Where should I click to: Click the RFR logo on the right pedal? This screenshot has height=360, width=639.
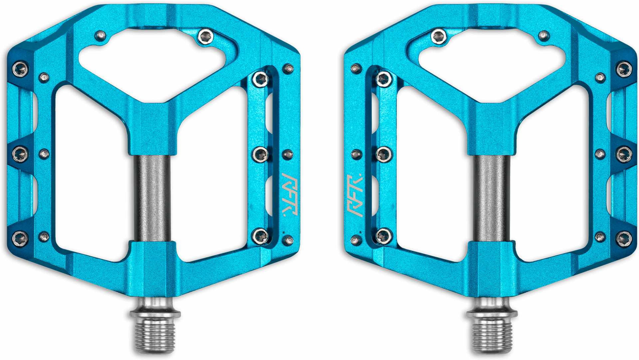tap(355, 195)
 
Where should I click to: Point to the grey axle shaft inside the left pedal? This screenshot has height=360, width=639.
tap(152, 198)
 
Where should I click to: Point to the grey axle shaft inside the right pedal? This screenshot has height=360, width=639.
tap(491, 198)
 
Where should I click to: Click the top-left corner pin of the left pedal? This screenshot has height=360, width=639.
tap(20, 69)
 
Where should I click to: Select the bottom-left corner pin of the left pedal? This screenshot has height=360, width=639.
tap(20, 238)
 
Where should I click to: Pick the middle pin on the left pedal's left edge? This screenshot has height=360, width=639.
tap(20, 154)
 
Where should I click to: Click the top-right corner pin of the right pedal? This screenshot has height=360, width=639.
tap(624, 69)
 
